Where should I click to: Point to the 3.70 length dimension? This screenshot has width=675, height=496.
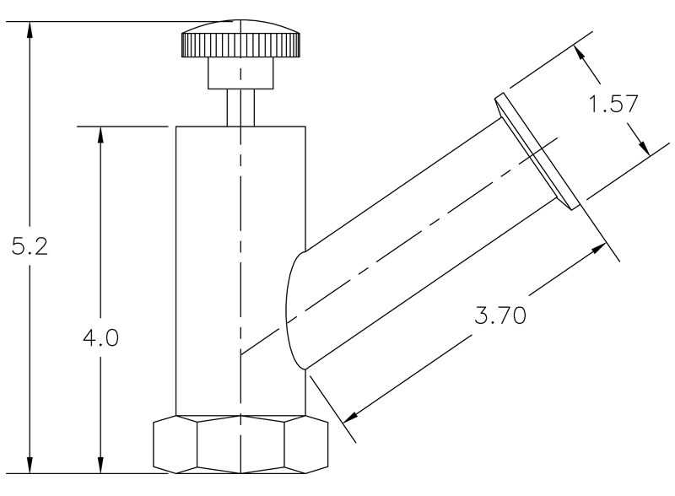tap(499, 315)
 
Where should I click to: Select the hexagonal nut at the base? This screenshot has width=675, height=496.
tap(240, 444)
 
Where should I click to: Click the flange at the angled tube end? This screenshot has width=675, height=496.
tap(537, 151)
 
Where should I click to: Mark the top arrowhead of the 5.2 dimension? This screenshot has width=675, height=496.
tap(30, 30)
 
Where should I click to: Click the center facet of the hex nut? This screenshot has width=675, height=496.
tap(240, 444)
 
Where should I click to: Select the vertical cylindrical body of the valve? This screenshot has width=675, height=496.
tap(240, 270)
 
